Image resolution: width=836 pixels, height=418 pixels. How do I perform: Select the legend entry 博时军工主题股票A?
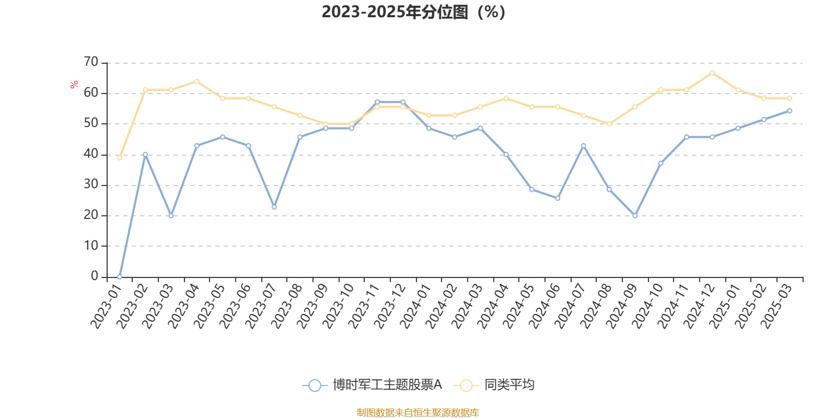[372, 385]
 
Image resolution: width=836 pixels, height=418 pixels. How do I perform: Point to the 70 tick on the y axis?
[91, 62]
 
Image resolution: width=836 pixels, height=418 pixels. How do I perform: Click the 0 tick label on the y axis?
[95, 276]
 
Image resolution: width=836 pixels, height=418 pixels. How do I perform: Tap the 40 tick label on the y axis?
[91, 154]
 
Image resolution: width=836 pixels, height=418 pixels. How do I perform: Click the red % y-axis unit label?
[74, 84]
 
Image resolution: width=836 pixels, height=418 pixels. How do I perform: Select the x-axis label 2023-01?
[107, 306]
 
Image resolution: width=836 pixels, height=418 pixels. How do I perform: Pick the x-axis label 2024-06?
[544, 306]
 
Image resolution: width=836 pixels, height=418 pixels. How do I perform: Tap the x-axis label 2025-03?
[776, 306]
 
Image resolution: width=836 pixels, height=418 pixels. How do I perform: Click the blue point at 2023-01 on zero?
[120, 277]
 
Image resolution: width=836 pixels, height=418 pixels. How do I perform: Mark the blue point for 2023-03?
[171, 216]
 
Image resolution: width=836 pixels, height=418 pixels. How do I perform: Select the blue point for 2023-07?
[274, 207]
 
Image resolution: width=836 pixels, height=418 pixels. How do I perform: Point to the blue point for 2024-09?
[635, 216]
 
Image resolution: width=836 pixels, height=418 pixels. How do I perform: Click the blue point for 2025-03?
[789, 111]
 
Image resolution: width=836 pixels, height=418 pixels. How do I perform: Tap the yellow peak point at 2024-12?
[713, 73]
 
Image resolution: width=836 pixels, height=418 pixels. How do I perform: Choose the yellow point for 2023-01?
[120, 158]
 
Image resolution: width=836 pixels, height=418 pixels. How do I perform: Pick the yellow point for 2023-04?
[196, 82]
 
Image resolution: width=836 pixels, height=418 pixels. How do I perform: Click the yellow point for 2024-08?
[609, 124]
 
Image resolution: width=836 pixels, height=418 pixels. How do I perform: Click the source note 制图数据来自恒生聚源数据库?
[417, 412]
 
